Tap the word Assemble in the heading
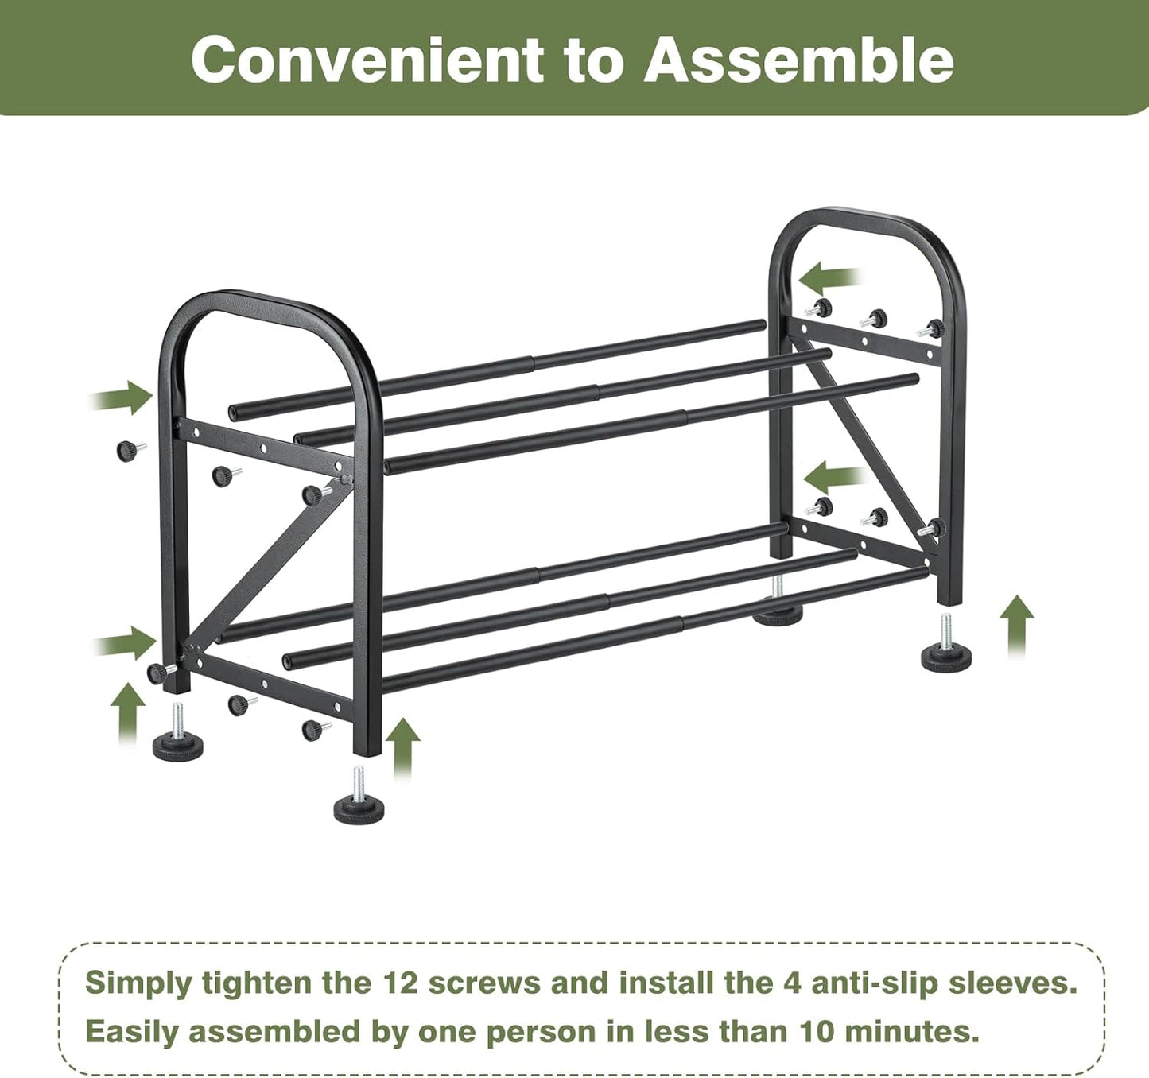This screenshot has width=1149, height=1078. (798, 61)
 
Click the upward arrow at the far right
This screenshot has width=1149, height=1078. (1016, 624)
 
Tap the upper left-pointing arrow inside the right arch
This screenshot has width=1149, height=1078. (829, 279)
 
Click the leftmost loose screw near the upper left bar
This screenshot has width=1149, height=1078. (128, 451)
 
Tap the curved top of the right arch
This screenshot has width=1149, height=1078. (867, 222)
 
